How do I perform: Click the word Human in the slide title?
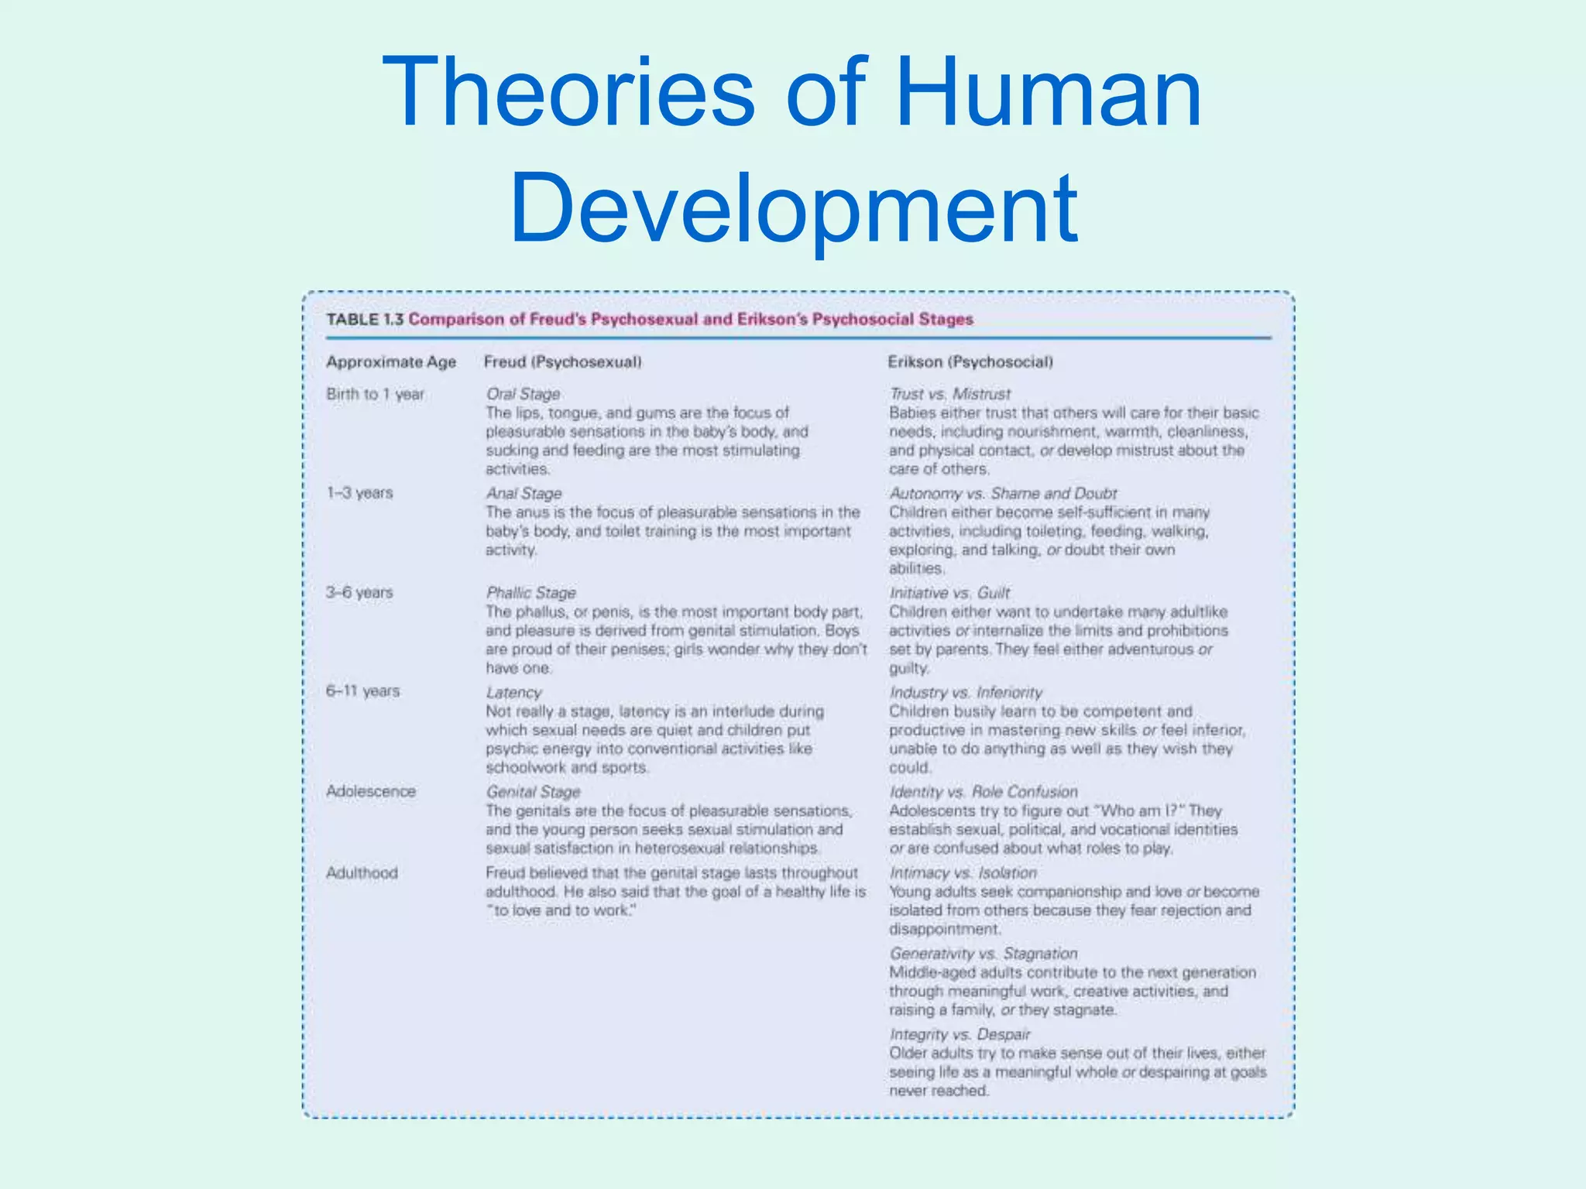(x=1049, y=93)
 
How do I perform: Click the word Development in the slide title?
(x=793, y=207)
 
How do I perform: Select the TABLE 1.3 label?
(x=365, y=320)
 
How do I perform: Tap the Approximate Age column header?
(x=391, y=362)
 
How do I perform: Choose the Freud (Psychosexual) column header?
(x=563, y=362)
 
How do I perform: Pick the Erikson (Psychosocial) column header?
(x=970, y=362)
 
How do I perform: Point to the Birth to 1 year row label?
(x=375, y=394)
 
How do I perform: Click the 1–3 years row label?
(x=359, y=493)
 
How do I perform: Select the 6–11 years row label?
(x=362, y=691)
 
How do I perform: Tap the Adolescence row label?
(x=371, y=791)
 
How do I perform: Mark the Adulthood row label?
(x=362, y=873)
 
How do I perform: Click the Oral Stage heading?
(x=523, y=394)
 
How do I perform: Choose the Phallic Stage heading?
(x=531, y=593)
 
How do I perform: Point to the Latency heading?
(x=513, y=693)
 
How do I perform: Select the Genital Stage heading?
(x=533, y=792)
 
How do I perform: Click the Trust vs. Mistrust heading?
(x=950, y=394)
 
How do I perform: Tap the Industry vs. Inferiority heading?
(x=966, y=693)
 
